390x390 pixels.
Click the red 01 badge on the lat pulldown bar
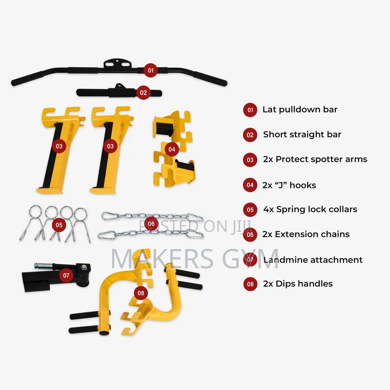click(150, 71)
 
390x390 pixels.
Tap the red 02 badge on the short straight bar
click(143, 93)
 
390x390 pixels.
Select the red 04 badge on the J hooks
click(172, 149)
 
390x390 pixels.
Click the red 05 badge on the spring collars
click(59, 225)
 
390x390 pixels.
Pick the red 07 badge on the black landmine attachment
click(66, 275)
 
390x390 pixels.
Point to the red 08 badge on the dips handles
click(141, 293)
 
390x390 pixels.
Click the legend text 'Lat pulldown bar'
click(300, 110)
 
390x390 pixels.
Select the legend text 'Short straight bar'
click(302, 134)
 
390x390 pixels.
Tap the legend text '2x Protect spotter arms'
click(315, 159)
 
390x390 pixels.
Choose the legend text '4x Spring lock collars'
click(311, 210)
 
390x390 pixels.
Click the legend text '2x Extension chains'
click(306, 234)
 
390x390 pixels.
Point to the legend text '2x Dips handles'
click(298, 284)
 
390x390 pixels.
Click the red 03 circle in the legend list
click(250, 160)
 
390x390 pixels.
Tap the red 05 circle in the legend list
click(250, 210)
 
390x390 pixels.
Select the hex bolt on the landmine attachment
click(84, 267)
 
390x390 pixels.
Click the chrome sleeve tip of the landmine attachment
click(37, 266)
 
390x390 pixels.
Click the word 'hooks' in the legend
click(303, 185)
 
